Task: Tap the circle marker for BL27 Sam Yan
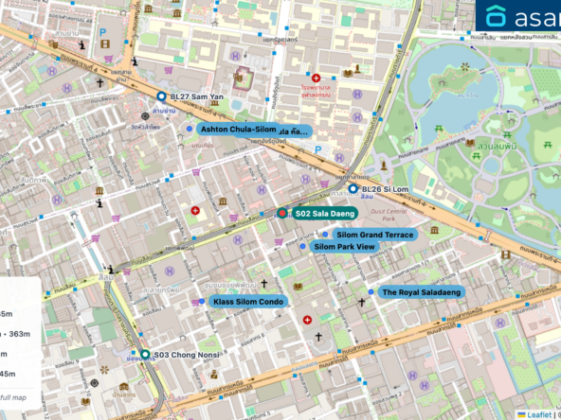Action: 161,96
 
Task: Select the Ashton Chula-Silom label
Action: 237,129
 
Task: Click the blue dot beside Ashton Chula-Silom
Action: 190,129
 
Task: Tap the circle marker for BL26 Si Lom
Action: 353,188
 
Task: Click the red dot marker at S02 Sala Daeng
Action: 282,214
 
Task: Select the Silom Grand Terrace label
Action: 374,234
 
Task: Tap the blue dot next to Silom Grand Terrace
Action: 325,234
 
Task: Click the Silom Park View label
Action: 344,247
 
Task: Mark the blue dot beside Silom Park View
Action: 303,247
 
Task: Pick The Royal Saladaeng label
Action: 422,292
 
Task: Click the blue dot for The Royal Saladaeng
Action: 371,292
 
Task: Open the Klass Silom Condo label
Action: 247,302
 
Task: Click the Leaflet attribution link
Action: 539,413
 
